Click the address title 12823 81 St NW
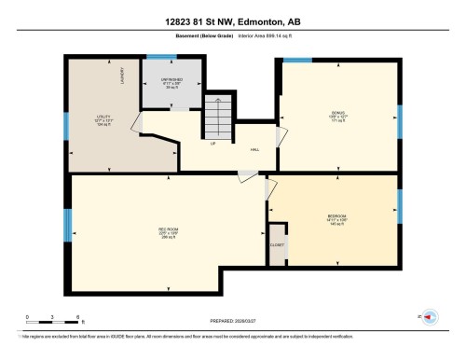point(232,21)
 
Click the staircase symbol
point(216,117)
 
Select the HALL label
point(254,149)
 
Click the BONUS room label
point(337,115)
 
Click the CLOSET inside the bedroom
point(277,244)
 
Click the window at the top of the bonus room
point(297,62)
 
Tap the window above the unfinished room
point(160,57)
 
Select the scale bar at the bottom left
point(54,316)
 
